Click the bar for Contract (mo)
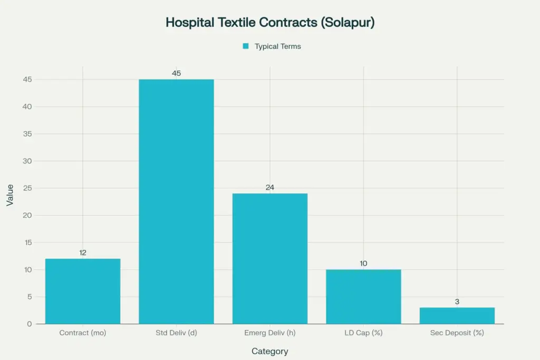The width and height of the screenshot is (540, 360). point(83,291)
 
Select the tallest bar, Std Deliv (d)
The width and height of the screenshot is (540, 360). point(176,201)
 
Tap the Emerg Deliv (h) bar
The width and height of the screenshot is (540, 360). point(270,258)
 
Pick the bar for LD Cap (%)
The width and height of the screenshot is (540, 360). point(363,296)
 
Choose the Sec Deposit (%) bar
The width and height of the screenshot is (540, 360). point(457,315)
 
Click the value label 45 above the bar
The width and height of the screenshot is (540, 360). point(176,73)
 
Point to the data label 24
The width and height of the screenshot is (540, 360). point(270,187)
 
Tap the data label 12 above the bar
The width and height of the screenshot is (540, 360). point(83,252)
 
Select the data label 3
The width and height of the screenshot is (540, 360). point(457,301)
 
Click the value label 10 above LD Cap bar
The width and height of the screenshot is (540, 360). point(363,263)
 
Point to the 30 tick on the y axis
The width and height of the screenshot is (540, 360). point(27,161)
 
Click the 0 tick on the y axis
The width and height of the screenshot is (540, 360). point(30,324)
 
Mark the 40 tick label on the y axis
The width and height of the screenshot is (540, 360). point(27,106)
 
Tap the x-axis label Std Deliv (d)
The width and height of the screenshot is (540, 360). point(176,333)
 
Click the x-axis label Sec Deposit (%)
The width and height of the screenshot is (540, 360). point(457,333)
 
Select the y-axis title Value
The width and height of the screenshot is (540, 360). point(11,195)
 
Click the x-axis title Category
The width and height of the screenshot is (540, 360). point(270,351)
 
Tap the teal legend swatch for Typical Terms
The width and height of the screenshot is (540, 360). point(245,46)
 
